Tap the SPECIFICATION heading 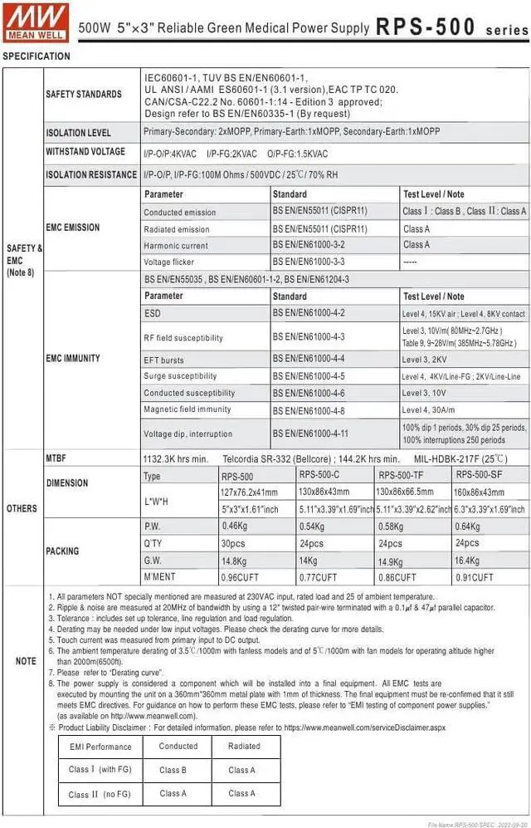[x=37, y=56]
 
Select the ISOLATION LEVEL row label [x=78, y=133]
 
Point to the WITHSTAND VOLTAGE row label [x=85, y=151]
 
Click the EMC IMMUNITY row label [x=72, y=358]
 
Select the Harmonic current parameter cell [x=175, y=246]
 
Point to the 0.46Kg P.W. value [x=235, y=527]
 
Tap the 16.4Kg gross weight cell [x=467, y=561]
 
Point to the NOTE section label [x=26, y=661]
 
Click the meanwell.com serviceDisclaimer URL [x=366, y=726]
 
